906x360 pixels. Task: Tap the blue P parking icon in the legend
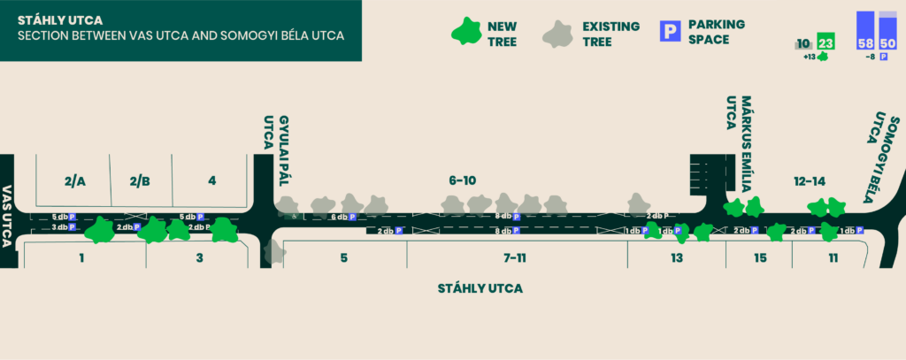coord(671,33)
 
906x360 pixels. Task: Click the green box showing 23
coord(826,43)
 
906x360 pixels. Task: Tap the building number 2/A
coord(74,181)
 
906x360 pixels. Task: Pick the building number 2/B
coord(140,181)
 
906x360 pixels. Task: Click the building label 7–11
coord(515,258)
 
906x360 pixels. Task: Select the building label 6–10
coord(462,180)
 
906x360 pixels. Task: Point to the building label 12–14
coord(809,181)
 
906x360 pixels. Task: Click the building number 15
coord(760,258)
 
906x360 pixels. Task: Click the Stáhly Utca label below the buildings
coord(480,288)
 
